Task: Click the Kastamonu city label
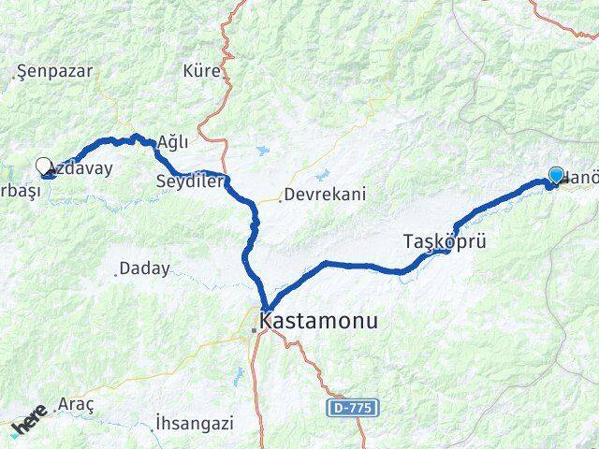tap(320, 320)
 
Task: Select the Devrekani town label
tap(325, 195)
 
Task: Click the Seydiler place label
tap(190, 181)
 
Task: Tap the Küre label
tap(202, 71)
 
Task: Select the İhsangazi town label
tap(195, 421)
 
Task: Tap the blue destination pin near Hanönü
tap(556, 176)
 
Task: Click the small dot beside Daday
tap(116, 274)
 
